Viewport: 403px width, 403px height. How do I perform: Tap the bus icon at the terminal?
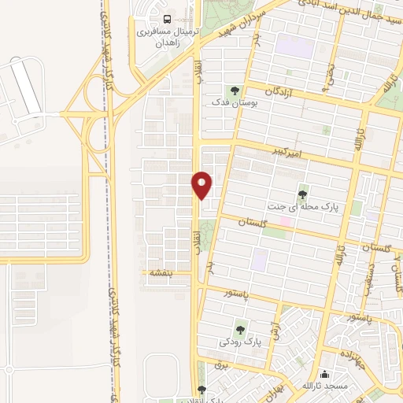pos(166,19)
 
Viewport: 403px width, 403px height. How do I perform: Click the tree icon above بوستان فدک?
pos(233,90)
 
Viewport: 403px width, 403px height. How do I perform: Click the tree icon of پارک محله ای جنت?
pos(303,194)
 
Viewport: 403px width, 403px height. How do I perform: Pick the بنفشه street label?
pos(161,273)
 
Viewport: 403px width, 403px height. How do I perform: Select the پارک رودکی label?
pos(241,342)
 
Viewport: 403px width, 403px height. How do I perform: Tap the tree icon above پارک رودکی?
pos(240,330)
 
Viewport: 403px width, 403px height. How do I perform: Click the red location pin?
pos(202,184)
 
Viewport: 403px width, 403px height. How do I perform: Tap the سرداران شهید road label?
pos(252,20)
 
